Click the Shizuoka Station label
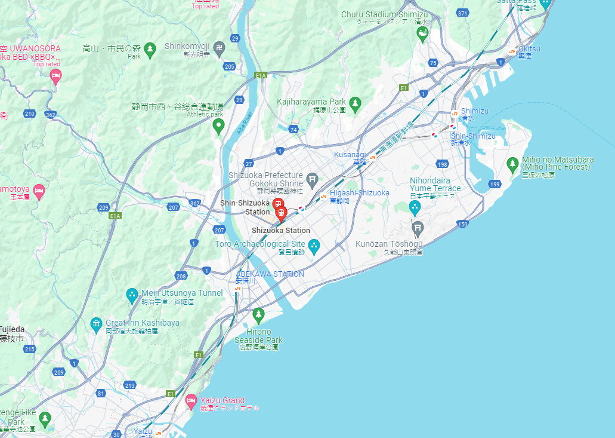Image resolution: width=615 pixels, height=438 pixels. click(280, 231)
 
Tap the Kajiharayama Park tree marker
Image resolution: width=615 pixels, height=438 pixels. click(355, 104)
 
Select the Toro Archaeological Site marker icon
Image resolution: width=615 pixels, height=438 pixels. click(314, 245)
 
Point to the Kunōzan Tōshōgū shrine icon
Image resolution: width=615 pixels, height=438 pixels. click(418, 228)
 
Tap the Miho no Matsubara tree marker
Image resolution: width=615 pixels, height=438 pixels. click(512, 164)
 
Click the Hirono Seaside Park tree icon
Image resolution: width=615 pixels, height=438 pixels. click(258, 313)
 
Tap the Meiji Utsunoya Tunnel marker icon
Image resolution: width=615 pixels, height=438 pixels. click(132, 295)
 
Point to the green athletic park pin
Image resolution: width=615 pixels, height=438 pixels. click(218, 126)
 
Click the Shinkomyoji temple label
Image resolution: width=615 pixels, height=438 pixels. click(186, 46)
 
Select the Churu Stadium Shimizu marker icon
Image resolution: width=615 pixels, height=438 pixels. click(422, 33)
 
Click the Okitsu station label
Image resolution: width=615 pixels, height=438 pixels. click(529, 48)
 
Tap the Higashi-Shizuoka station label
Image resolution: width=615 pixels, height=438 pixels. click(360, 193)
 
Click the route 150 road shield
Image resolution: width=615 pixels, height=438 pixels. click(463, 224)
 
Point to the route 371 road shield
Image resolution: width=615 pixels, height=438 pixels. click(462, 13)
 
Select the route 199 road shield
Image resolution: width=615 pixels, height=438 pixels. click(495, 184)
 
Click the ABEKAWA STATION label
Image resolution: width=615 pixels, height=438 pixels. click(270, 274)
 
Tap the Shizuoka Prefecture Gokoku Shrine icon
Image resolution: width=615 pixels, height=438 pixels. click(311, 179)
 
